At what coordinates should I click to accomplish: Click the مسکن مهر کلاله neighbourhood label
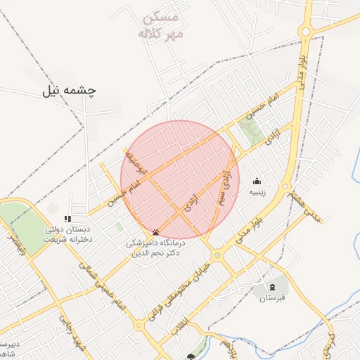tap(160, 25)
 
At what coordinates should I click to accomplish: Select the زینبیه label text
tap(257, 191)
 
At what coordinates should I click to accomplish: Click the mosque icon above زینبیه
tap(256, 181)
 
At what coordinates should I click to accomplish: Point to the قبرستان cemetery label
tap(274, 298)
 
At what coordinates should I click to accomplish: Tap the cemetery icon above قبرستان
tap(273, 287)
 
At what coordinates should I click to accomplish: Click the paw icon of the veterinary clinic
tap(155, 232)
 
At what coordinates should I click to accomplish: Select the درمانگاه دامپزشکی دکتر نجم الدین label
tap(155, 247)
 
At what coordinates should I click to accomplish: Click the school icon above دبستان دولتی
tap(67, 219)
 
